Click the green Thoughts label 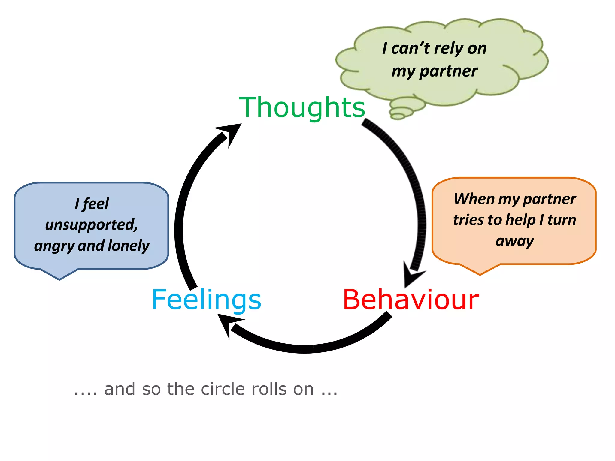pos(302,107)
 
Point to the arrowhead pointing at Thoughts pos(231,132)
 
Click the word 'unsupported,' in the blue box pos(91,224)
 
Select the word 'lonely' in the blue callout pos(129,246)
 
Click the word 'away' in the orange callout pos(514,241)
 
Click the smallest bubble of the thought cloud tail pos(398,116)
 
